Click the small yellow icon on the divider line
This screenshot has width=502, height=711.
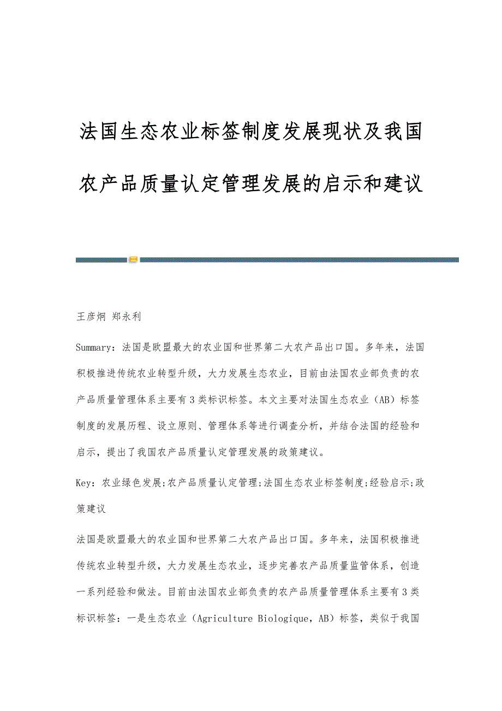click(x=133, y=259)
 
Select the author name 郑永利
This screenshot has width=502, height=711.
click(x=127, y=316)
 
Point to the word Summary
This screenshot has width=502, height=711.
click(x=95, y=347)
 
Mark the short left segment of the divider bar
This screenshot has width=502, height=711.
click(x=101, y=260)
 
